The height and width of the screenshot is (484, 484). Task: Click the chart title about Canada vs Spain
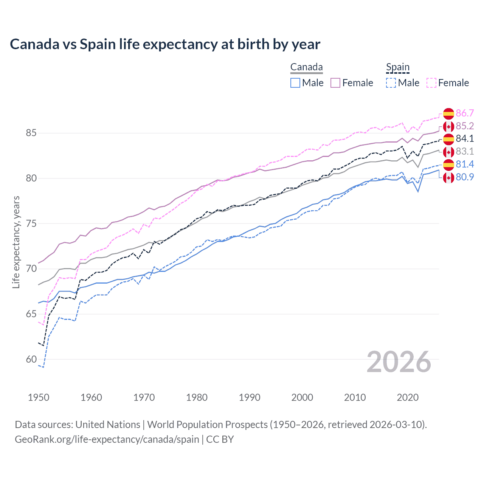(x=165, y=44)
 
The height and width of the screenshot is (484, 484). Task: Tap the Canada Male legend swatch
(x=295, y=83)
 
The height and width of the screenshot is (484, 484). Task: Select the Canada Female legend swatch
(x=335, y=83)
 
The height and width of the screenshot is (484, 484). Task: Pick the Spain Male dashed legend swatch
(x=391, y=83)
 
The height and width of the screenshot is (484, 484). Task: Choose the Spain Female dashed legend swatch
(x=431, y=83)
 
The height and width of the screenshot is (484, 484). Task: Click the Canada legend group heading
(x=306, y=67)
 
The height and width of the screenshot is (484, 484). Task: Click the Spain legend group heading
(x=398, y=67)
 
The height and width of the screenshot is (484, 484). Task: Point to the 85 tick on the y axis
(x=31, y=133)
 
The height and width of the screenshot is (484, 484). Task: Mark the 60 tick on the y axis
(x=31, y=359)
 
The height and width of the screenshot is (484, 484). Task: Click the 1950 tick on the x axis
(x=39, y=397)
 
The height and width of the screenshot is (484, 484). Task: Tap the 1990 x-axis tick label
(x=250, y=397)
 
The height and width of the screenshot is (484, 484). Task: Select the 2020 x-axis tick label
(x=408, y=397)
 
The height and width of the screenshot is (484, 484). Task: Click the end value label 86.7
(x=465, y=113)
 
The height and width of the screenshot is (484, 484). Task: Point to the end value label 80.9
(x=465, y=177)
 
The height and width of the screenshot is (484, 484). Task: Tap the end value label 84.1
(x=465, y=139)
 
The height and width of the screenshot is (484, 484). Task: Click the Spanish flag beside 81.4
(x=448, y=164)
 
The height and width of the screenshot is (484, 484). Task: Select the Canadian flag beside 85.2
(x=448, y=126)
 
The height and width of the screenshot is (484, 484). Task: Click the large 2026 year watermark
(x=399, y=362)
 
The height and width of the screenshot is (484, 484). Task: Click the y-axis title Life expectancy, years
(x=16, y=242)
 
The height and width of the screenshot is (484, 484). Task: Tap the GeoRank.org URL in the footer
(x=107, y=439)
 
